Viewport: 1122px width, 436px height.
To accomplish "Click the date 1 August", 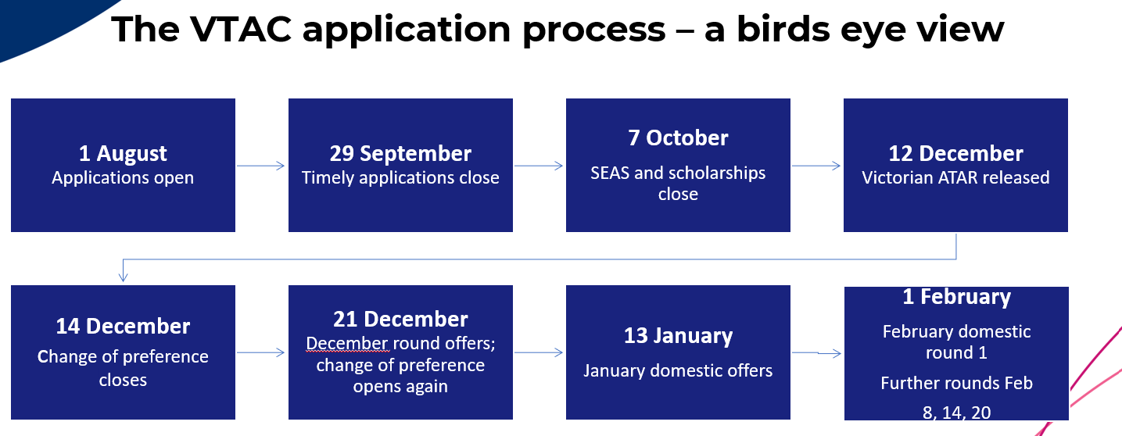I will point(123,153).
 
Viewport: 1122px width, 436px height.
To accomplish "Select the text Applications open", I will point(123,177).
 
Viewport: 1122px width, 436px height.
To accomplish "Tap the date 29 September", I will point(400,153).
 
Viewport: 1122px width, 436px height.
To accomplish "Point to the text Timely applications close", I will point(400,177).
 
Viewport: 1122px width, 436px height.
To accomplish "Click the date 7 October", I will point(678,138).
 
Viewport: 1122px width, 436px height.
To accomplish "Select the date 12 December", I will point(955,153).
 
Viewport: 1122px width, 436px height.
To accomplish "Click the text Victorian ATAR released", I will point(955,177).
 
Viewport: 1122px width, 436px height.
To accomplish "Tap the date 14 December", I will point(123,326).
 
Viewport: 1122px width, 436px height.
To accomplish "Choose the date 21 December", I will point(400,319).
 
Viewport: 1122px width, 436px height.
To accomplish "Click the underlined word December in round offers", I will point(346,343).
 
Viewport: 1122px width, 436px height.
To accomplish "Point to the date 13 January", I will point(678,336).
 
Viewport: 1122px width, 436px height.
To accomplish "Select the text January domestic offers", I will point(678,370).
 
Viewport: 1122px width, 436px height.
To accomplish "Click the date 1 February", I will point(956,297).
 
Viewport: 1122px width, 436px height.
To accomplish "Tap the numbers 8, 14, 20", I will point(956,412).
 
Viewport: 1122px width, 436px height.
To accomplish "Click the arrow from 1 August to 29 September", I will point(261,166).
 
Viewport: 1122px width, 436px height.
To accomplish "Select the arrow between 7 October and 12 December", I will point(816,166).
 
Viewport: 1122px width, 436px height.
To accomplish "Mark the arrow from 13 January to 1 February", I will point(816,353).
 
